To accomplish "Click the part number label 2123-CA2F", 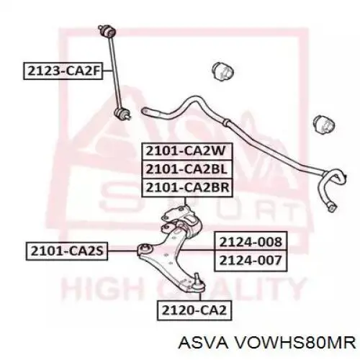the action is [x=63, y=71].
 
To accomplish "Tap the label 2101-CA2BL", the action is [x=187, y=169].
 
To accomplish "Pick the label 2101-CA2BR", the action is [x=187, y=188].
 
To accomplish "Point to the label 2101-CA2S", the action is [x=67, y=251].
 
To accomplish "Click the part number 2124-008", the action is [x=251, y=242].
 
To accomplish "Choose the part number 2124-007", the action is [x=251, y=261].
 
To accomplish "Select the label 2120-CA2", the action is [x=194, y=310].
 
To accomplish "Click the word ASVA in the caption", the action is [x=203, y=342].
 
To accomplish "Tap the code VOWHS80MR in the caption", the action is [x=295, y=342].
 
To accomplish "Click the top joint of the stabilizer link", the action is [x=107, y=31].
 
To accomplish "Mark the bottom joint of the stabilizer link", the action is [x=122, y=114].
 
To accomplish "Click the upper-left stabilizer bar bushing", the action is [x=223, y=72].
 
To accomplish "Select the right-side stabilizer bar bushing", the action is [x=324, y=125].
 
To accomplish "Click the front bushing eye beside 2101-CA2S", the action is [x=145, y=250].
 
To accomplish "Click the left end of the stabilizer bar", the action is [x=145, y=111].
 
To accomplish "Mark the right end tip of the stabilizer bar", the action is [x=333, y=207].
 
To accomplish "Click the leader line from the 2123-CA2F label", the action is [x=108, y=71].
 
